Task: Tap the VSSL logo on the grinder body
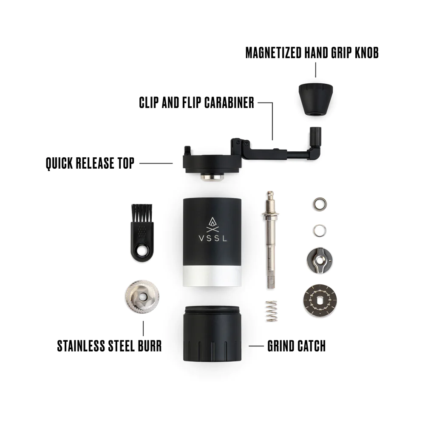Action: pyautogui.click(x=213, y=229)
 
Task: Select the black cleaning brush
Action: pyautogui.click(x=142, y=232)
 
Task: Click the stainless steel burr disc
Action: pyautogui.click(x=142, y=297)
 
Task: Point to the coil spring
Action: pyautogui.click(x=271, y=311)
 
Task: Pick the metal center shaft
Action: pyautogui.click(x=270, y=240)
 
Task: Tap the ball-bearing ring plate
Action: pyautogui.click(x=320, y=300)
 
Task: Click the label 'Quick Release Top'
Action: pyautogui.click(x=90, y=163)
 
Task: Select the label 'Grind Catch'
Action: pyautogui.click(x=297, y=346)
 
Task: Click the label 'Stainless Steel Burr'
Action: pyautogui.click(x=109, y=346)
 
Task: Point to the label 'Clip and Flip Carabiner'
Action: pyautogui.click(x=196, y=103)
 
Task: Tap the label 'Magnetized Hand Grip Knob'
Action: pyautogui.click(x=312, y=53)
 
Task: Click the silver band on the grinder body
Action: pyautogui.click(x=212, y=276)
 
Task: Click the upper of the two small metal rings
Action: pyautogui.click(x=320, y=204)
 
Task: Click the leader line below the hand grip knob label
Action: pyautogui.click(x=315, y=70)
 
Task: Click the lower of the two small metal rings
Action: pyautogui.click(x=320, y=230)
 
